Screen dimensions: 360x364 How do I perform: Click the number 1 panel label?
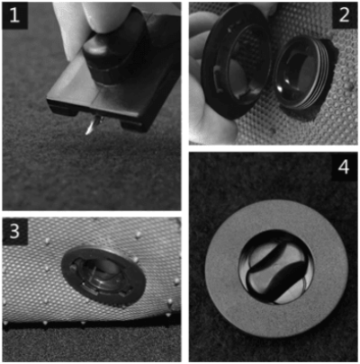point(14,15)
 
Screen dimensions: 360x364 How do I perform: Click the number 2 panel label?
point(345,15)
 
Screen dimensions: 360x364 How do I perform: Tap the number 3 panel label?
point(15,231)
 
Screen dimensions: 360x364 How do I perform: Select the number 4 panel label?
point(344,167)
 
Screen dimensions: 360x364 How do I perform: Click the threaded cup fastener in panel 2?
point(301,75)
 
